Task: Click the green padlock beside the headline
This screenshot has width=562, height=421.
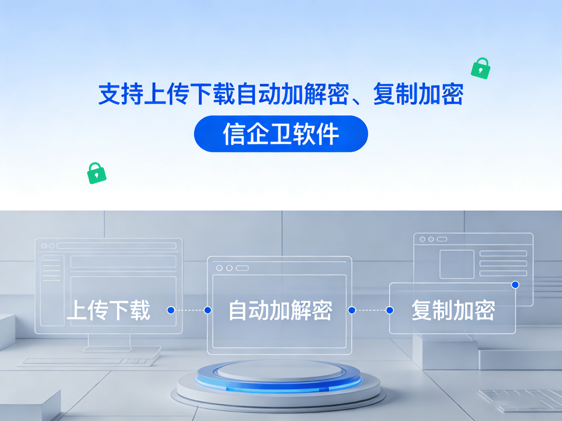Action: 480,69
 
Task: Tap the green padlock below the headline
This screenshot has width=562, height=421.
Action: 97,173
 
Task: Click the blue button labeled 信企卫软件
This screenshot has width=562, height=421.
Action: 281,134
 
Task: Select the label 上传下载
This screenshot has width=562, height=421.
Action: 109,310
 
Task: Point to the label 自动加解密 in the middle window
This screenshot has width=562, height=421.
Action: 280,310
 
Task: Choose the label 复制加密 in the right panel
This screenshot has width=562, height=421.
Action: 453,310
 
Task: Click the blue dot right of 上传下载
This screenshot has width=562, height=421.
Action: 171,310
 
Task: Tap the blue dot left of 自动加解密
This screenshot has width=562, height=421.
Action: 208,310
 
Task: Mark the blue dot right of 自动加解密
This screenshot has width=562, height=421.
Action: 352,310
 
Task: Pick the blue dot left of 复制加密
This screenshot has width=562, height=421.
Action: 390,310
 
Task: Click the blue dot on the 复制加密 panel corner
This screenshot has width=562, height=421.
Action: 515,285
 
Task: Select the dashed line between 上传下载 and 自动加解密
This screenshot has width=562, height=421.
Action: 189,310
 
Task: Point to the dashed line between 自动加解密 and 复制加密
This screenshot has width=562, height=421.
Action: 371,310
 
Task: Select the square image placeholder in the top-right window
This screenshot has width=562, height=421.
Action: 457,264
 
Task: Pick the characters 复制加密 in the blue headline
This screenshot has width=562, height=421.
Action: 418,94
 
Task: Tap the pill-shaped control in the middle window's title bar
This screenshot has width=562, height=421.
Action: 242,268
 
